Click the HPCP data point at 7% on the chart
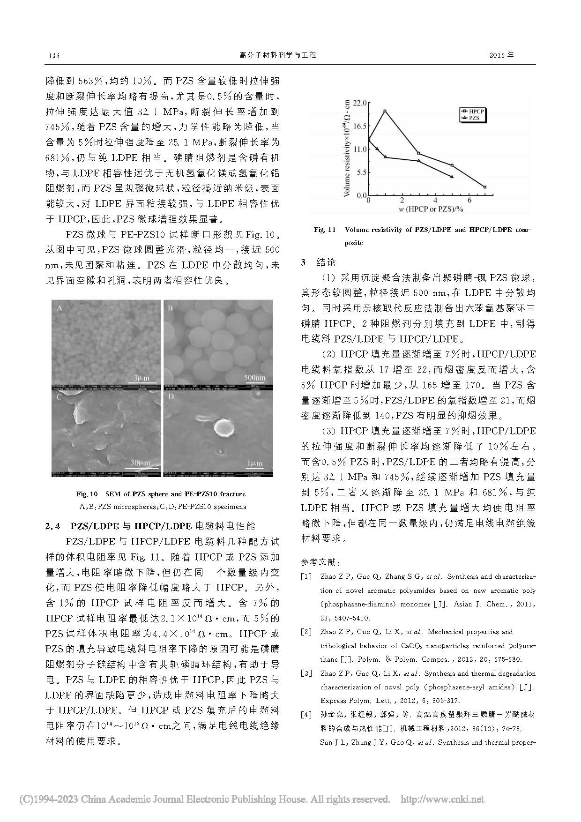[485, 187]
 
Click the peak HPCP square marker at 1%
[385, 111]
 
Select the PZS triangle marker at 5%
[452, 177]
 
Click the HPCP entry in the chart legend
[474, 112]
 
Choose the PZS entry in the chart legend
[474, 119]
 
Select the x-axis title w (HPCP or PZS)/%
[425, 209]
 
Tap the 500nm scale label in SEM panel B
[254, 378]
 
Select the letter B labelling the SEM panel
[171, 308]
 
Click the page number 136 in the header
[54, 55]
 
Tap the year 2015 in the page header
[501, 55]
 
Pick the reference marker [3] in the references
[306, 673]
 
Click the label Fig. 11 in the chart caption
[325, 230]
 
